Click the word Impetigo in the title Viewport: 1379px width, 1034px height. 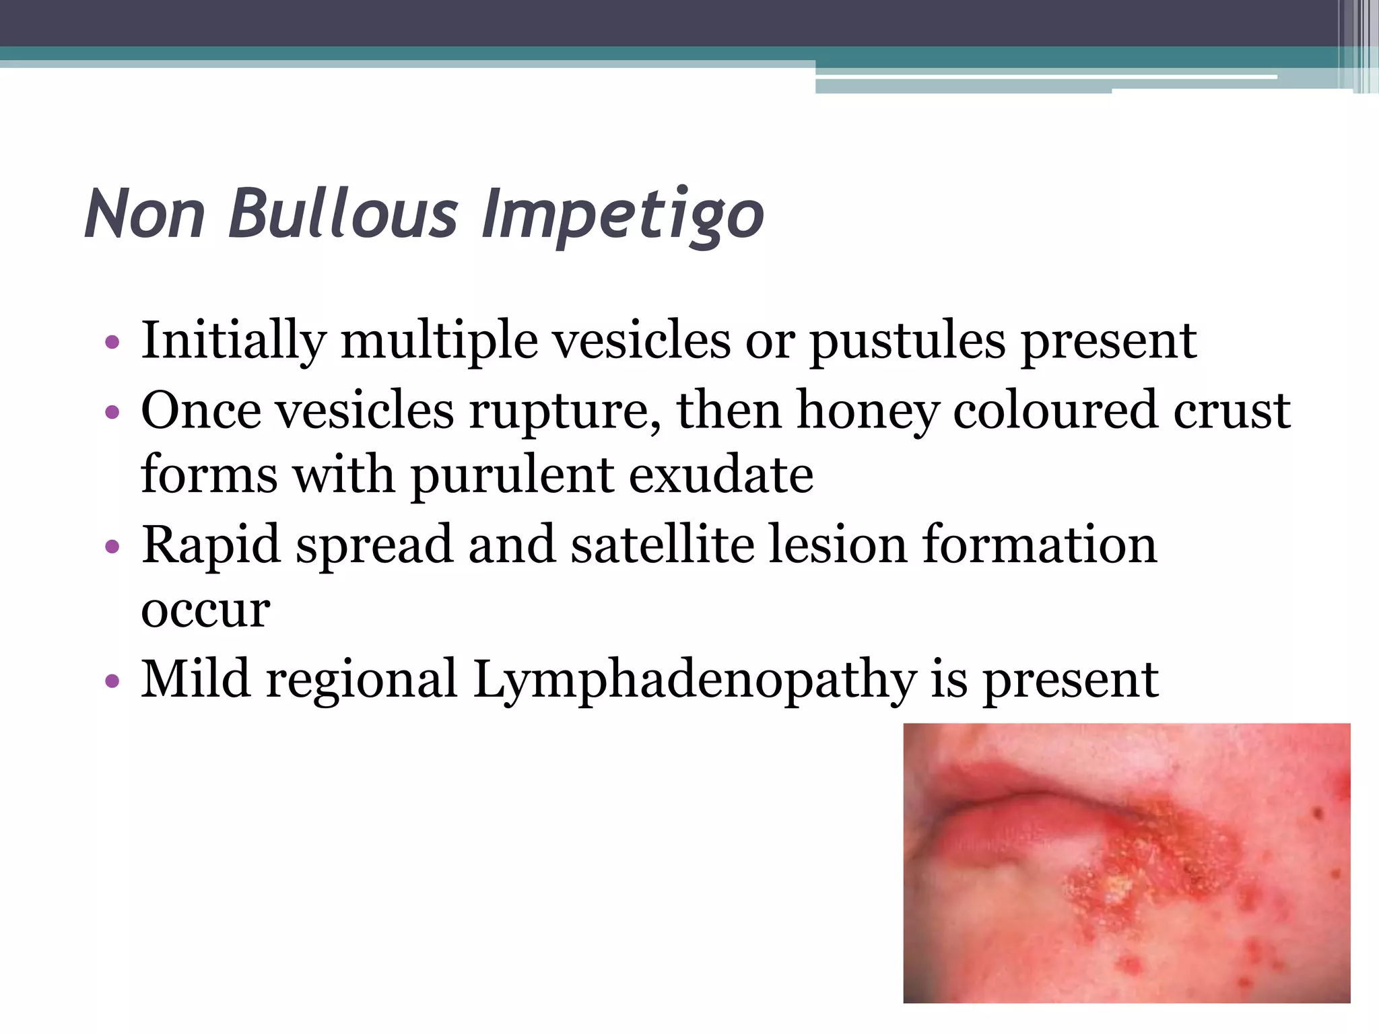[622, 214]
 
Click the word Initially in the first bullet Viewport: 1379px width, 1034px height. [233, 341]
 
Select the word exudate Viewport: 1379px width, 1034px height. [721, 475]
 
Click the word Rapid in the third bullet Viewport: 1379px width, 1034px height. [211, 545]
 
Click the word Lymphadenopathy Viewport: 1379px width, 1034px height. [694, 680]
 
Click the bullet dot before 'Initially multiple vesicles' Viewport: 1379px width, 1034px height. [112, 342]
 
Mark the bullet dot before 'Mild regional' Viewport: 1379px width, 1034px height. [112, 681]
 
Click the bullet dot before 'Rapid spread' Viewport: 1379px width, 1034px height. [112, 546]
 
